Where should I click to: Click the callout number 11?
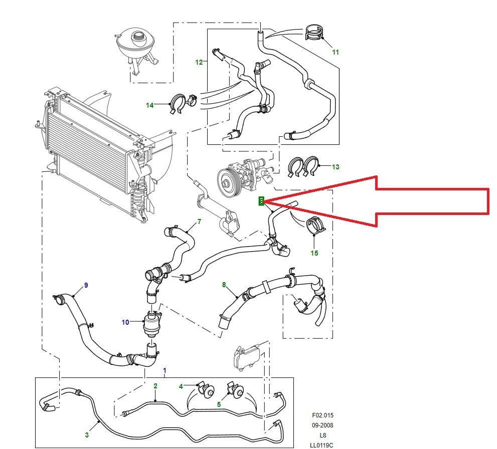[336, 52]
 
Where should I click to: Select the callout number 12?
[199, 62]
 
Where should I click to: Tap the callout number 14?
[149, 105]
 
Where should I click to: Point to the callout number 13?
[336, 167]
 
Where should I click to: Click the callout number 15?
[314, 253]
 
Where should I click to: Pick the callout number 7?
[199, 221]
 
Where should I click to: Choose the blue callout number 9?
[86, 285]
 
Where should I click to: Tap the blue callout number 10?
[125, 322]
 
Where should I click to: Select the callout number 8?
[224, 285]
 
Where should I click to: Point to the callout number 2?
[155, 386]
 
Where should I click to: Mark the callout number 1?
[164, 371]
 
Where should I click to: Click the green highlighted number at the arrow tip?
[261, 201]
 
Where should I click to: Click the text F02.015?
[322, 415]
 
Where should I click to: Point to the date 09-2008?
[322, 425]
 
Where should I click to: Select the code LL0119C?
[321, 445]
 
